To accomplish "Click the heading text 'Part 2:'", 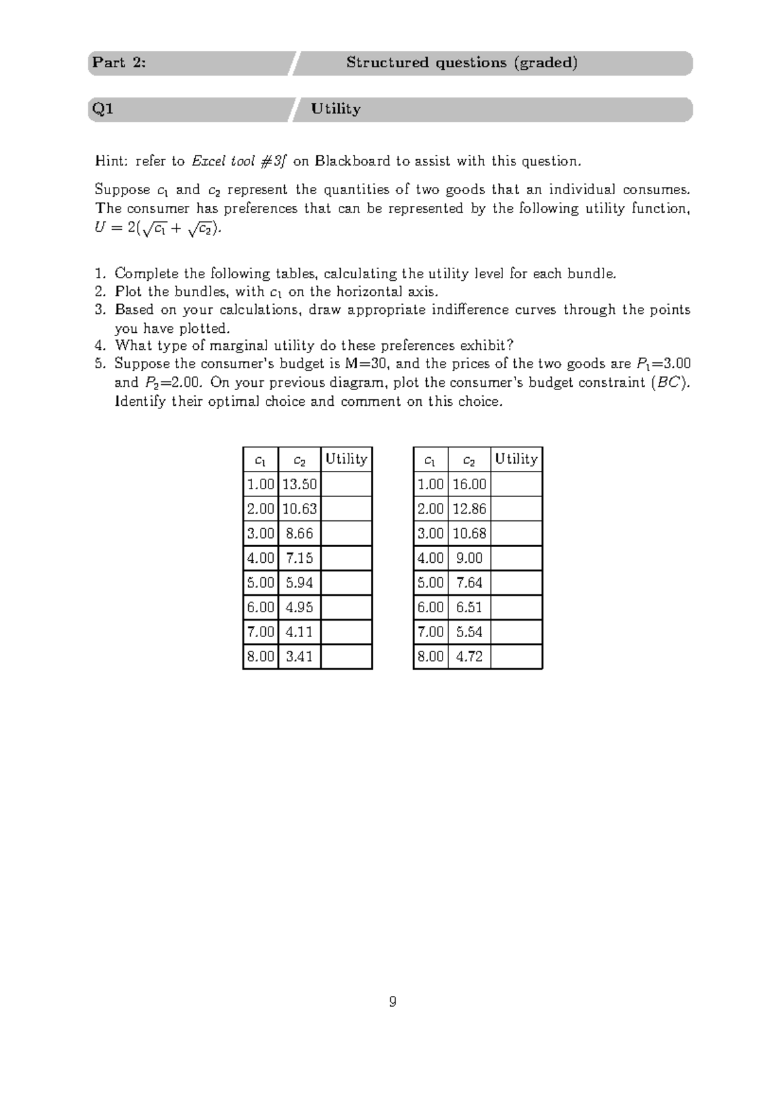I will (x=119, y=63).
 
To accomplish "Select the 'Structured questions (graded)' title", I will (x=461, y=63).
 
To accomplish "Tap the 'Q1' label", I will (x=103, y=109).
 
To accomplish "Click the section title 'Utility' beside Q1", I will (x=336, y=109).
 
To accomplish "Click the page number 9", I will (x=392, y=1002).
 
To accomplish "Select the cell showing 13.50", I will (x=299, y=485).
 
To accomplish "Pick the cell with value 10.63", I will (x=299, y=509).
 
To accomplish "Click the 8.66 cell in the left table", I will (x=299, y=533).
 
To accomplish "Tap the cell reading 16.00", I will (x=469, y=485).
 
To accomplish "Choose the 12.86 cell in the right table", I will (x=469, y=509).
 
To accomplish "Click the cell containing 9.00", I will (x=469, y=558).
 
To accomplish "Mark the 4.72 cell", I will (x=469, y=657).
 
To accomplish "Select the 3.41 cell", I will (x=299, y=657).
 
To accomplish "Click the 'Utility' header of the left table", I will (x=346, y=459).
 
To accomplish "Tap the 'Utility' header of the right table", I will (x=516, y=459).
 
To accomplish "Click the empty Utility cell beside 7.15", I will (x=346, y=558).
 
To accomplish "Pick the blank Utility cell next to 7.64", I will (x=516, y=583).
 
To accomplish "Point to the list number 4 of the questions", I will (x=99, y=346).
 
